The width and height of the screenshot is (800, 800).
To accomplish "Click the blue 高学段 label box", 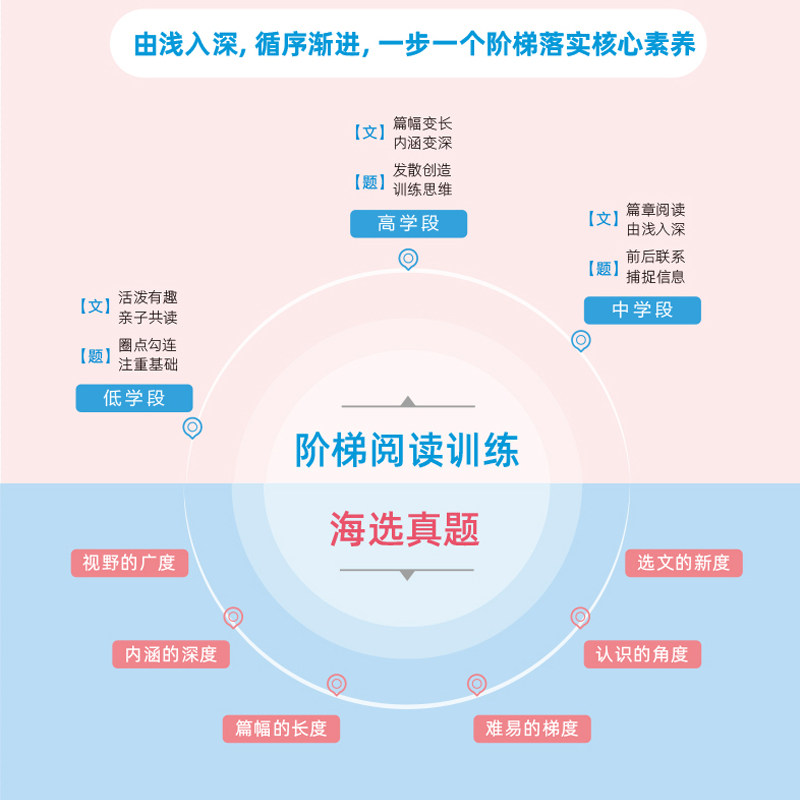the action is [409, 224].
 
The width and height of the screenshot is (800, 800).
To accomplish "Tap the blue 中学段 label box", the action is [642, 310].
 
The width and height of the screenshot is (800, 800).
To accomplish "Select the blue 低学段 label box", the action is [134, 398].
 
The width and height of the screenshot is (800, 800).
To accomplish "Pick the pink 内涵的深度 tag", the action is [171, 655].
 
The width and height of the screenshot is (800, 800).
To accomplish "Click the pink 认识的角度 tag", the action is [642, 655].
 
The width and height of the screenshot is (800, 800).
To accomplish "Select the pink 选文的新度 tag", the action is [684, 563].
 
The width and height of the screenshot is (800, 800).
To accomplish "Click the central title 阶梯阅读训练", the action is [407, 450].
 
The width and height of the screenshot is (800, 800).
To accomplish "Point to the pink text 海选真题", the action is [405, 529].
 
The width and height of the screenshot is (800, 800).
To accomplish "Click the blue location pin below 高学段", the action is [408, 259].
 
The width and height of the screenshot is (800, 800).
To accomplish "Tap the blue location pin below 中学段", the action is [581, 340].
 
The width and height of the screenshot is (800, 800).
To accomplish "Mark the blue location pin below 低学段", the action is [193, 428].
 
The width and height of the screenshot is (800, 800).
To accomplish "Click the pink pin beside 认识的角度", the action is [580, 617].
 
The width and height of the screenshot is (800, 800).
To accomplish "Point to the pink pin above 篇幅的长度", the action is [336, 685].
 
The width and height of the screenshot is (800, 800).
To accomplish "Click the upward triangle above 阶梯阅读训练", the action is [407, 401].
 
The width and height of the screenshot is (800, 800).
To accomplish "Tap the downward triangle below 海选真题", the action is [407, 575].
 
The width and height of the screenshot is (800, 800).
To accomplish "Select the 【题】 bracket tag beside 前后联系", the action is [603, 268].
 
